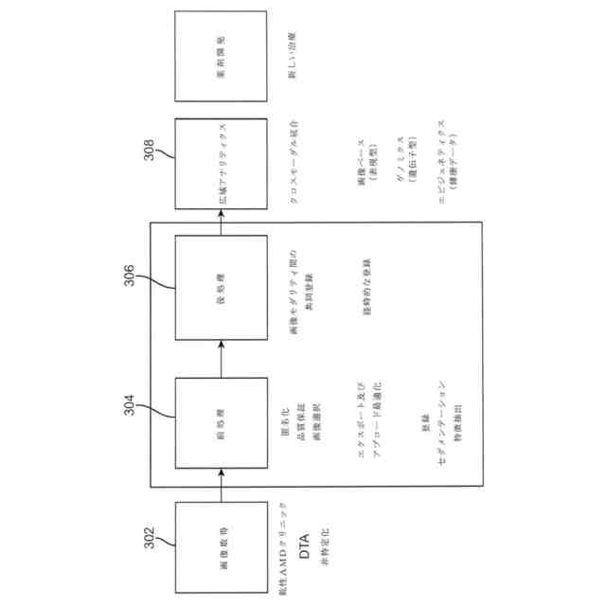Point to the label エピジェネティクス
coord(441,162)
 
